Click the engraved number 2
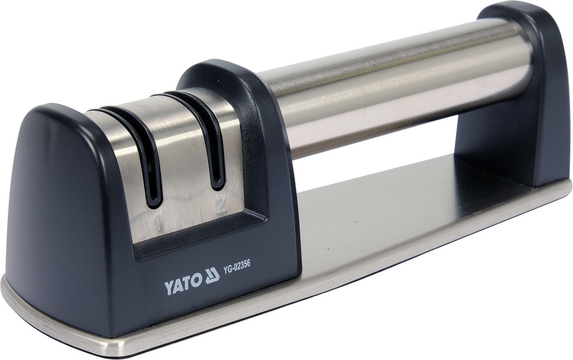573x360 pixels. [x=220, y=206]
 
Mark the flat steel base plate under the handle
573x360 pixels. [x=394, y=234]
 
